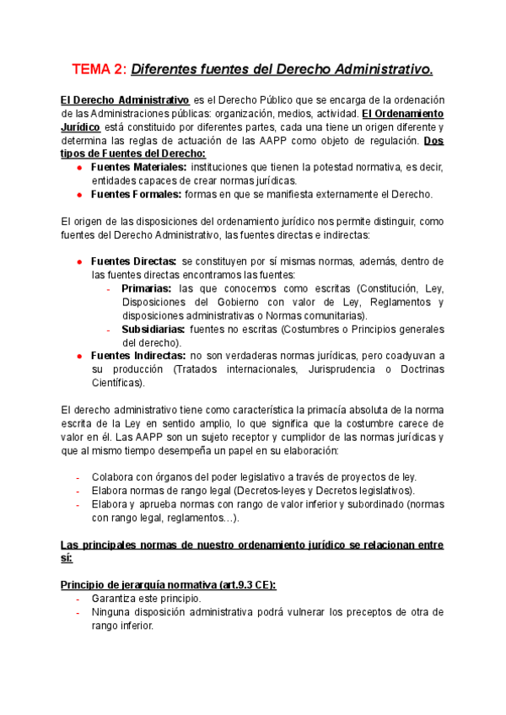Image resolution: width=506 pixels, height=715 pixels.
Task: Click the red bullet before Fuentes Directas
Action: (x=79, y=261)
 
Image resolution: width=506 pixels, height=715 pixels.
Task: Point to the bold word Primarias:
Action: (x=146, y=288)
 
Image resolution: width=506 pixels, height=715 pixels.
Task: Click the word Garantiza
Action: (x=117, y=598)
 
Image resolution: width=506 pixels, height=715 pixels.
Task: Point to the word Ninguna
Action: (x=114, y=611)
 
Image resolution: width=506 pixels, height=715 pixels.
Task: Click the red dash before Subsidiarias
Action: (x=110, y=329)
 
